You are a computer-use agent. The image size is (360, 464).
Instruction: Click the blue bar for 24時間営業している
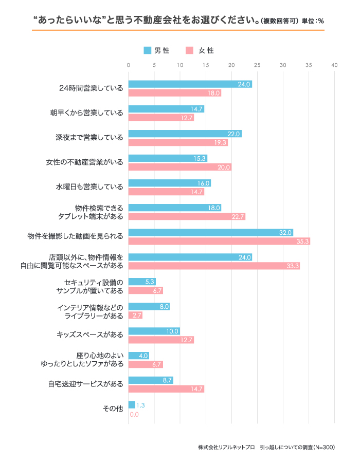click(190, 84)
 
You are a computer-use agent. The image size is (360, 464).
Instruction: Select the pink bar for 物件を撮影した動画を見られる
click(219, 241)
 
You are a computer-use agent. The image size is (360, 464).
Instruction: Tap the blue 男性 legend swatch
click(148, 50)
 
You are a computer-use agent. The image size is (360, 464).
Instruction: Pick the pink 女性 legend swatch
click(189, 50)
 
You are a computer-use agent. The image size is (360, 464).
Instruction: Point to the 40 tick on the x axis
click(334, 65)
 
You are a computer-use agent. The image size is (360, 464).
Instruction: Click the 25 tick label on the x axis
click(257, 65)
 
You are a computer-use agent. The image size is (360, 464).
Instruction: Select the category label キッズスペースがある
click(90, 335)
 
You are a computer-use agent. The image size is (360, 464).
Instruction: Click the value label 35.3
click(301, 241)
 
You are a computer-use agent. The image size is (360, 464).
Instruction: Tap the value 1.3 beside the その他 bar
click(140, 405)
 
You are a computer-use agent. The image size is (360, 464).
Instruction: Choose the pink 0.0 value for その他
click(134, 414)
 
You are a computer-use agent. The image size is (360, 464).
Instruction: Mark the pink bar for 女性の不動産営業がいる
click(179, 167)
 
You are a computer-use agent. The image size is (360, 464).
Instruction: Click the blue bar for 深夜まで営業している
click(185, 134)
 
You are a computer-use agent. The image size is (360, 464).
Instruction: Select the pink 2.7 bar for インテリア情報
click(135, 315)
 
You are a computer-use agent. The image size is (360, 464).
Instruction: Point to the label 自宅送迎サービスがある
click(86, 384)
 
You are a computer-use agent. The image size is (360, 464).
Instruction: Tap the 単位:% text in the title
click(313, 21)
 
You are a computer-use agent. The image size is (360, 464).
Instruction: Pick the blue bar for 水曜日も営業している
click(169, 183)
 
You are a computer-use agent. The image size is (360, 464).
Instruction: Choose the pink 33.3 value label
click(291, 266)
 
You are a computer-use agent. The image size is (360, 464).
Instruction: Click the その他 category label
click(113, 409)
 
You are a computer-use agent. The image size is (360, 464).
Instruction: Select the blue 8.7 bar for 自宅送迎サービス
click(151, 380)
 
